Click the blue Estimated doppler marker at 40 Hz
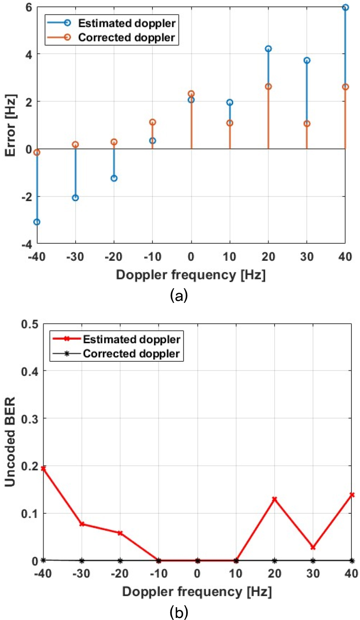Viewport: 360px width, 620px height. (x=345, y=7)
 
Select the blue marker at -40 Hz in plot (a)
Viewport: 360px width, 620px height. (x=37, y=222)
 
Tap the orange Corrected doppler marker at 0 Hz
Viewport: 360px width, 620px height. (x=191, y=93)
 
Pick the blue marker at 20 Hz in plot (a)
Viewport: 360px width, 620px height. (x=268, y=49)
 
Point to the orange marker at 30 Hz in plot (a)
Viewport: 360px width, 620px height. (x=307, y=123)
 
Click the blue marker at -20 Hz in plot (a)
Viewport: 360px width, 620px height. (x=114, y=178)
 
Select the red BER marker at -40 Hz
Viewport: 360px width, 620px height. (x=43, y=468)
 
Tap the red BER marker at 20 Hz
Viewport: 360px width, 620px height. (x=275, y=499)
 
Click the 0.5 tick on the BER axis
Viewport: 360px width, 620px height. (x=29, y=324)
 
